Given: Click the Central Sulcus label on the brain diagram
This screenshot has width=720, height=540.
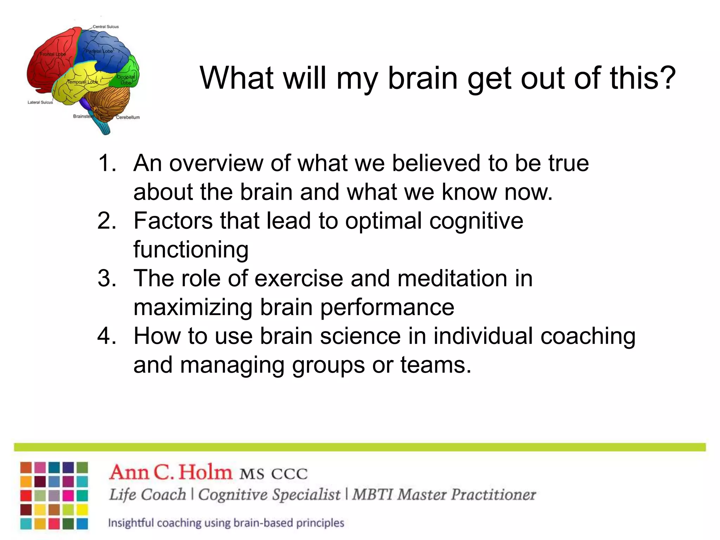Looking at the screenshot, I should (105, 27).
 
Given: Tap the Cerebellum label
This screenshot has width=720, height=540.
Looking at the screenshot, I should (128, 117).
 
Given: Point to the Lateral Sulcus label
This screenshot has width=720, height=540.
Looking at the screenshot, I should (40, 102).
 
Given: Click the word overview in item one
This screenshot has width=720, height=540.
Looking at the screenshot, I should (216, 163).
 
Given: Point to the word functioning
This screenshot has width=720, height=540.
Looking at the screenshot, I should (191, 250).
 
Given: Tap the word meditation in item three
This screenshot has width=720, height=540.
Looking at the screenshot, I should (452, 278).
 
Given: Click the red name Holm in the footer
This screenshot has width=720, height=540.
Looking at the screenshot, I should (205, 472).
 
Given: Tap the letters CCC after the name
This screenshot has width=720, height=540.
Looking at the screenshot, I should (289, 474).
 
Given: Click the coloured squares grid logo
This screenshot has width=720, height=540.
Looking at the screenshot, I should (54, 496).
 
